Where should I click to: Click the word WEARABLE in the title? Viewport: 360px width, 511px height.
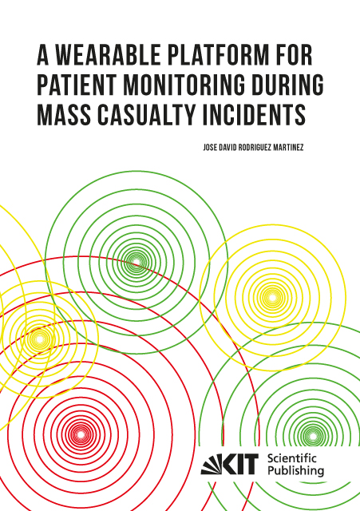[x=108, y=55]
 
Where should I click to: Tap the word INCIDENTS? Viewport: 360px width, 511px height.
[x=254, y=115]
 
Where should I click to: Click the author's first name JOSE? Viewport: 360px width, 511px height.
[x=210, y=148]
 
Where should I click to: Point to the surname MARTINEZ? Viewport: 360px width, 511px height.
[x=288, y=148]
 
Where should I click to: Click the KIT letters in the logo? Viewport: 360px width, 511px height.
[x=240, y=464]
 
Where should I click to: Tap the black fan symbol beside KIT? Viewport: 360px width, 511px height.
[x=212, y=464]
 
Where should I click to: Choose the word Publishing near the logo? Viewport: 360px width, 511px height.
[x=296, y=470]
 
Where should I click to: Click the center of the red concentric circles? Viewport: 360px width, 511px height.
[x=80, y=434]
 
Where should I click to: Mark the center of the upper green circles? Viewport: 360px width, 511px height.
[x=136, y=262]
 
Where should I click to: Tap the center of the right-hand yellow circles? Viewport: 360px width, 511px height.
[x=271, y=297]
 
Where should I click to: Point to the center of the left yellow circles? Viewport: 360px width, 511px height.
[x=39, y=339]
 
